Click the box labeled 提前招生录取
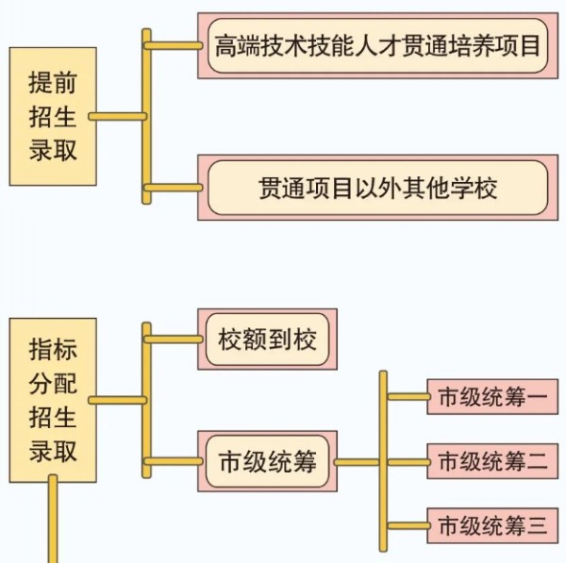coord(53,116)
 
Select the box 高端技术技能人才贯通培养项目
coord(377,45)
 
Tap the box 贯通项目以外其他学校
coord(377,187)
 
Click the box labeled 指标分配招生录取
coord(53,401)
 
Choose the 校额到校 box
coord(267,339)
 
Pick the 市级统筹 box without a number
coord(267,462)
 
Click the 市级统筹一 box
coord(491,397)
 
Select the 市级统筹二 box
coord(491,462)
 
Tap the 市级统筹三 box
coord(491,525)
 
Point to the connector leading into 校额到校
coord(175,339)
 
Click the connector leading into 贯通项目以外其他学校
coord(175,187)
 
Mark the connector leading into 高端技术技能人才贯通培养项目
coord(175,45)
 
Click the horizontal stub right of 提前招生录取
coord(118,117)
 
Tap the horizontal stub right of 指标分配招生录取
coord(118,401)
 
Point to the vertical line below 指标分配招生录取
coord(53,519)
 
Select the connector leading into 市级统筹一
coord(408,397)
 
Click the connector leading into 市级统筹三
coord(408,525)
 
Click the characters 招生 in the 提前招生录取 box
coord(53,117)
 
